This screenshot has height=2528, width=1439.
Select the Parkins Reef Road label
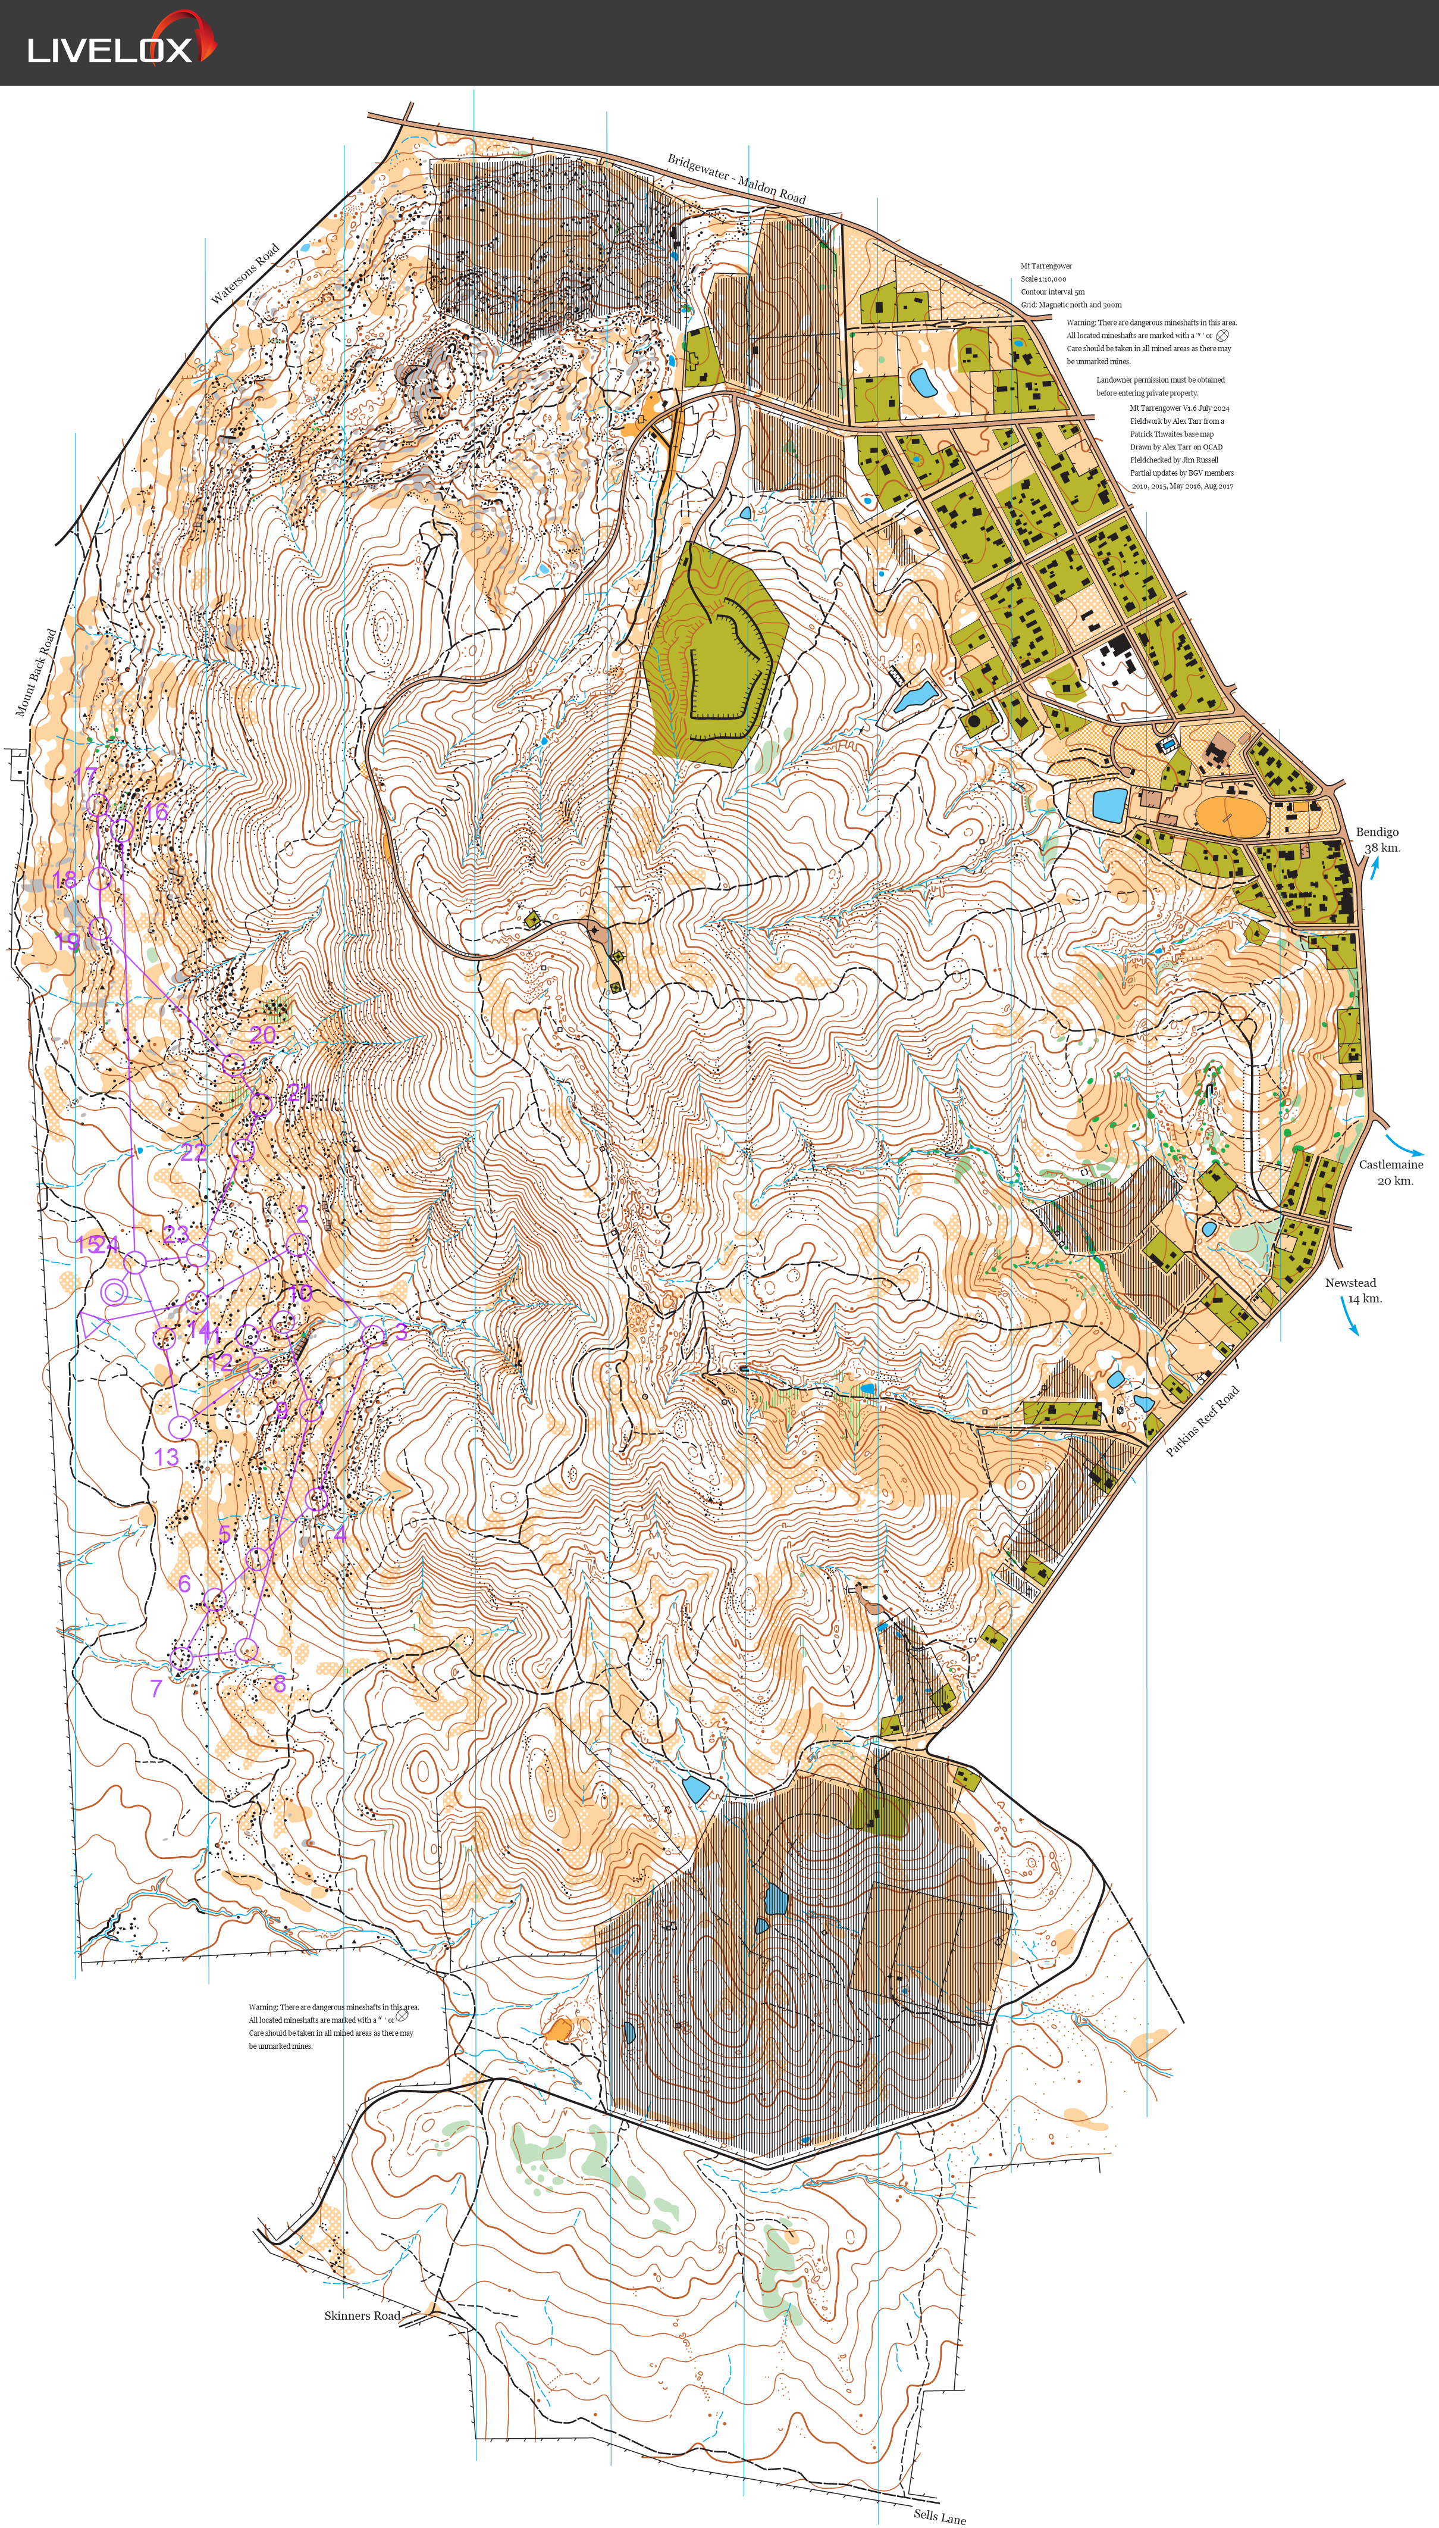point(1202,1421)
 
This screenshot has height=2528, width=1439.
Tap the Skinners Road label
point(362,2315)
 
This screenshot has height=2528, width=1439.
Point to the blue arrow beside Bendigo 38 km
point(1374,868)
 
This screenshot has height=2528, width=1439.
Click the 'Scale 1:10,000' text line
point(1043,279)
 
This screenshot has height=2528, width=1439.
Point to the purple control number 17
point(86,777)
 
